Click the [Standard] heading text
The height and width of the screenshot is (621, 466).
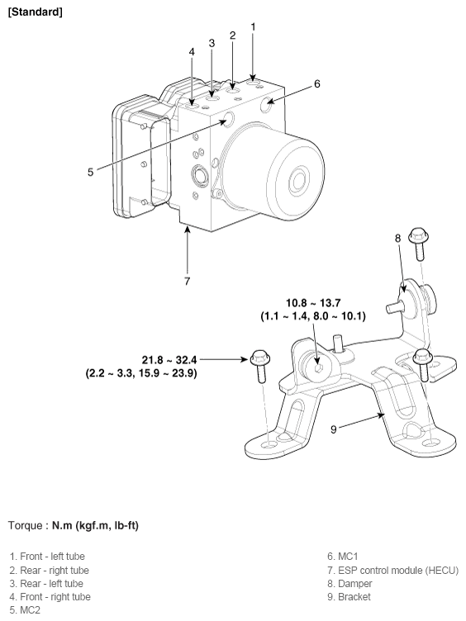click(36, 12)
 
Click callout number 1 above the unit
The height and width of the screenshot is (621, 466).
click(253, 27)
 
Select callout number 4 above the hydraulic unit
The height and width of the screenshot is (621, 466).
click(192, 51)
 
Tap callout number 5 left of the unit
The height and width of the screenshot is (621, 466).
click(90, 172)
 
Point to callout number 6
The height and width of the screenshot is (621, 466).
click(317, 83)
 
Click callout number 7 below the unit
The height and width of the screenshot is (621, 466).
click(187, 281)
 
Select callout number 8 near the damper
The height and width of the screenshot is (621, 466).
click(398, 238)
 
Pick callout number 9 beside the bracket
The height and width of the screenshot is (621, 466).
click(334, 429)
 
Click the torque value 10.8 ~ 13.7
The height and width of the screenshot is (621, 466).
click(313, 303)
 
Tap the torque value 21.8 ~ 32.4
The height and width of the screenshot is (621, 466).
click(169, 360)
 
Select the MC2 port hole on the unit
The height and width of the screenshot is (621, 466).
click(229, 118)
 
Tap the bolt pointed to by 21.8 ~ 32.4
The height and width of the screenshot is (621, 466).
click(261, 366)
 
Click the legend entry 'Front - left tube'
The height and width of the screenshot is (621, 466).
click(47, 557)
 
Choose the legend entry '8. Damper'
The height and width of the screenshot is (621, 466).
click(349, 584)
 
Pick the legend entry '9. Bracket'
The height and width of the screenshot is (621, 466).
click(349, 597)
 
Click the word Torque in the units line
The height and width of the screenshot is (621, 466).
click(26, 525)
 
